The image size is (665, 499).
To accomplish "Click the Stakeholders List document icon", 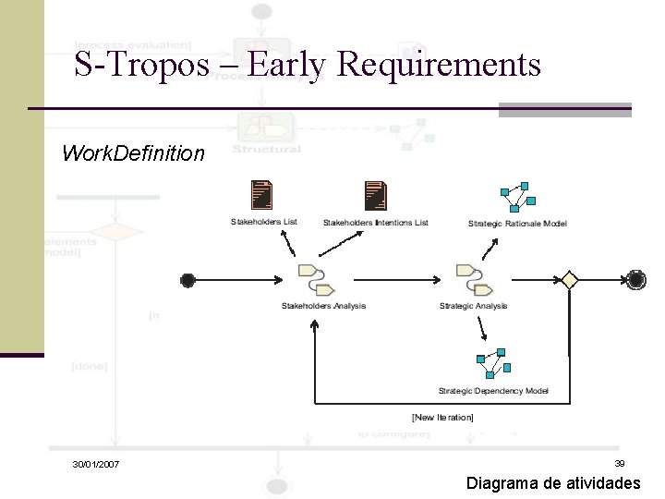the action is tap(263, 194).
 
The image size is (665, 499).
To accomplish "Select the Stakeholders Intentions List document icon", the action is tap(375, 195).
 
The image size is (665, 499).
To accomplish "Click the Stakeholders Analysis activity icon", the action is tap(310, 278).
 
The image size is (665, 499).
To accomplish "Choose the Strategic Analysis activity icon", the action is tap(468, 278).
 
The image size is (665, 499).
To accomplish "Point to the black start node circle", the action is tap(188, 280).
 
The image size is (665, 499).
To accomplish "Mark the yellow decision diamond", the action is tap(568, 280).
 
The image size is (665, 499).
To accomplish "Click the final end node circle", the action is tap(635, 280).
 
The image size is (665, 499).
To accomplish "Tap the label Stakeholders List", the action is tap(263, 223).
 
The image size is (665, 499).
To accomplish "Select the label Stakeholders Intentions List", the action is tap(375, 223).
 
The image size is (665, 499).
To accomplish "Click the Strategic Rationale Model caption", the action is tap(517, 223).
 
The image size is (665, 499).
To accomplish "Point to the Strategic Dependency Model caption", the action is tap(493, 391).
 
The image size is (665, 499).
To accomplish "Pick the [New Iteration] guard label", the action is tap(442, 418).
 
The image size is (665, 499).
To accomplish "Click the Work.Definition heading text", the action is tap(133, 153).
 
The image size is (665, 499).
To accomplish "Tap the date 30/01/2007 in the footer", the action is tap(95, 464).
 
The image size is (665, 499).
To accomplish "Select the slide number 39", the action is tap(620, 463).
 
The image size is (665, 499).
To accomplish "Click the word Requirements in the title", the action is tap(440, 65).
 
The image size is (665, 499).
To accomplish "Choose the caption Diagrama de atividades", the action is tap(553, 483).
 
